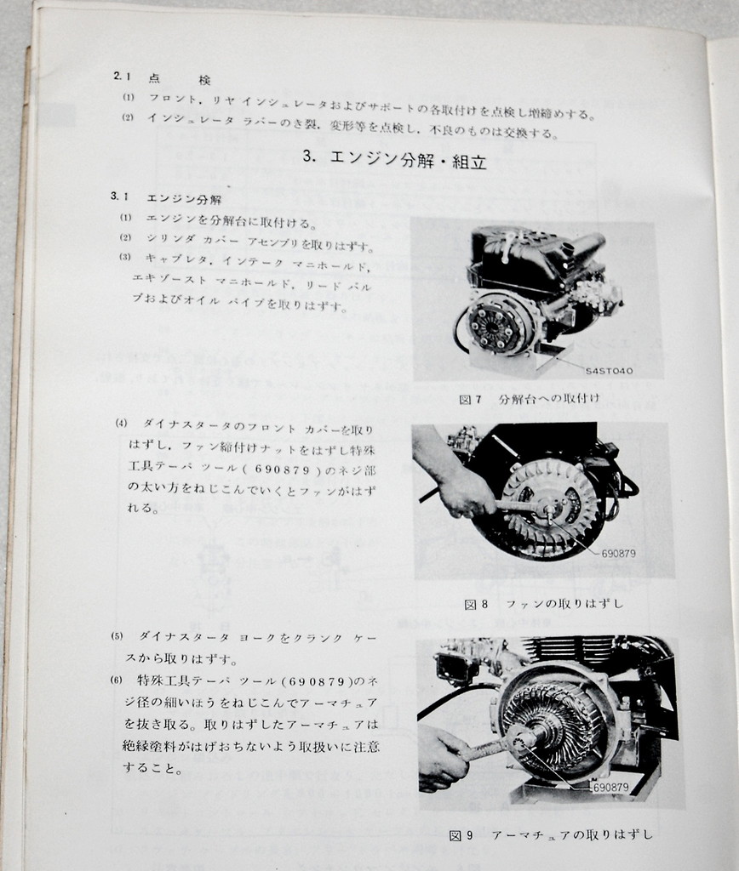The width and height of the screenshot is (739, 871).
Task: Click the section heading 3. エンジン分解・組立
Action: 394,159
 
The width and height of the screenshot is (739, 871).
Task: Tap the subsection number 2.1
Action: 120,77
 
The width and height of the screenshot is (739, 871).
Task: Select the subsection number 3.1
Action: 118,196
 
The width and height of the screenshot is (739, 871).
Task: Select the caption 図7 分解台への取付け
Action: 529,398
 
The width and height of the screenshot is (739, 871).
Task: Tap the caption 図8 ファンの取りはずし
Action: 543,604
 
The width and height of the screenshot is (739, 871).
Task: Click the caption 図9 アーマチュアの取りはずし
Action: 551,835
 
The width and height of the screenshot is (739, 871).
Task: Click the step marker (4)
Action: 121,424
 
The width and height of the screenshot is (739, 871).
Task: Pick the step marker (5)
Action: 117,636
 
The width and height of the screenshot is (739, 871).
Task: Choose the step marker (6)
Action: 117,680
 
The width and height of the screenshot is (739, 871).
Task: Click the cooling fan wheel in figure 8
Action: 549,506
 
